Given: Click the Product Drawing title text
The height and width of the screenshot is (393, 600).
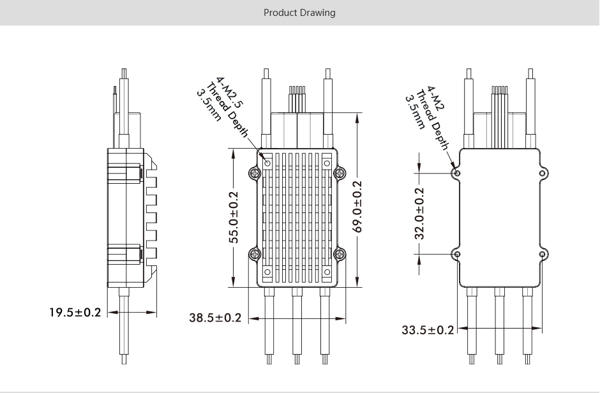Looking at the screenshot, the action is pyautogui.click(x=299, y=13).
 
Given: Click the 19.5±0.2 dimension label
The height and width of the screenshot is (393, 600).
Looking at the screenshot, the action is pyautogui.click(x=75, y=313).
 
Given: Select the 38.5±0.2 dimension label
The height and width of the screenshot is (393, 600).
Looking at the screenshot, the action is pyautogui.click(x=215, y=317).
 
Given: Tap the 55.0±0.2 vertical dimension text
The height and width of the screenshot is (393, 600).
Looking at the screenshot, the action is pyautogui.click(x=234, y=217).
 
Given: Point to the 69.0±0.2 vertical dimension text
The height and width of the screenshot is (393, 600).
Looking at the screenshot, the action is pyautogui.click(x=357, y=207).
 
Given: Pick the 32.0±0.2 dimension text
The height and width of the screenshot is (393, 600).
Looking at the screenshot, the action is pyautogui.click(x=419, y=213).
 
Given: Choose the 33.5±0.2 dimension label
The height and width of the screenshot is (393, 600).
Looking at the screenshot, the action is pyautogui.click(x=428, y=330).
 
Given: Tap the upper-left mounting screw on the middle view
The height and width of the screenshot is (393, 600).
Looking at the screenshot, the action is pyautogui.click(x=255, y=173).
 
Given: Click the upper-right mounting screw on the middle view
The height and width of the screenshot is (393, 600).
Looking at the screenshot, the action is pyautogui.click(x=339, y=173).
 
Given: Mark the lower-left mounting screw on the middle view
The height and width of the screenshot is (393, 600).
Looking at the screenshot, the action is pyautogui.click(x=255, y=254).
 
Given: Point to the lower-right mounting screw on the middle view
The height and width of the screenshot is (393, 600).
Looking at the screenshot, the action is pyautogui.click(x=339, y=254).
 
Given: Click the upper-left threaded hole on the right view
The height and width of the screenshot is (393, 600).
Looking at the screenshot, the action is pyautogui.click(x=456, y=173).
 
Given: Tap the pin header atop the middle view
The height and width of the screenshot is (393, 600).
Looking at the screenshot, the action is pyautogui.click(x=297, y=99).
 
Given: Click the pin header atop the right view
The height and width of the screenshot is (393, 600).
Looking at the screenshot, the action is pyautogui.click(x=499, y=99).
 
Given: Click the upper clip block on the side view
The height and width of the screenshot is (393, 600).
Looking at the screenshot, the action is pyautogui.click(x=125, y=172).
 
